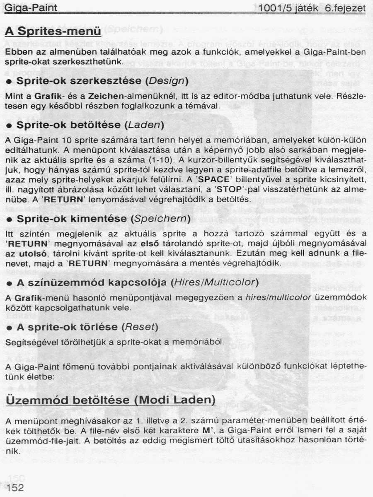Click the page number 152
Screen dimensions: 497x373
(x=15, y=487)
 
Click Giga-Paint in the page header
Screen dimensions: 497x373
(x=31, y=8)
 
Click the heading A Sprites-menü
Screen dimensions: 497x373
(x=53, y=31)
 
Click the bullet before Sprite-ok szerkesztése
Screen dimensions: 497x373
(x=8, y=81)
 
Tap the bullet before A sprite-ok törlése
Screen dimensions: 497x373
(x=8, y=328)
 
